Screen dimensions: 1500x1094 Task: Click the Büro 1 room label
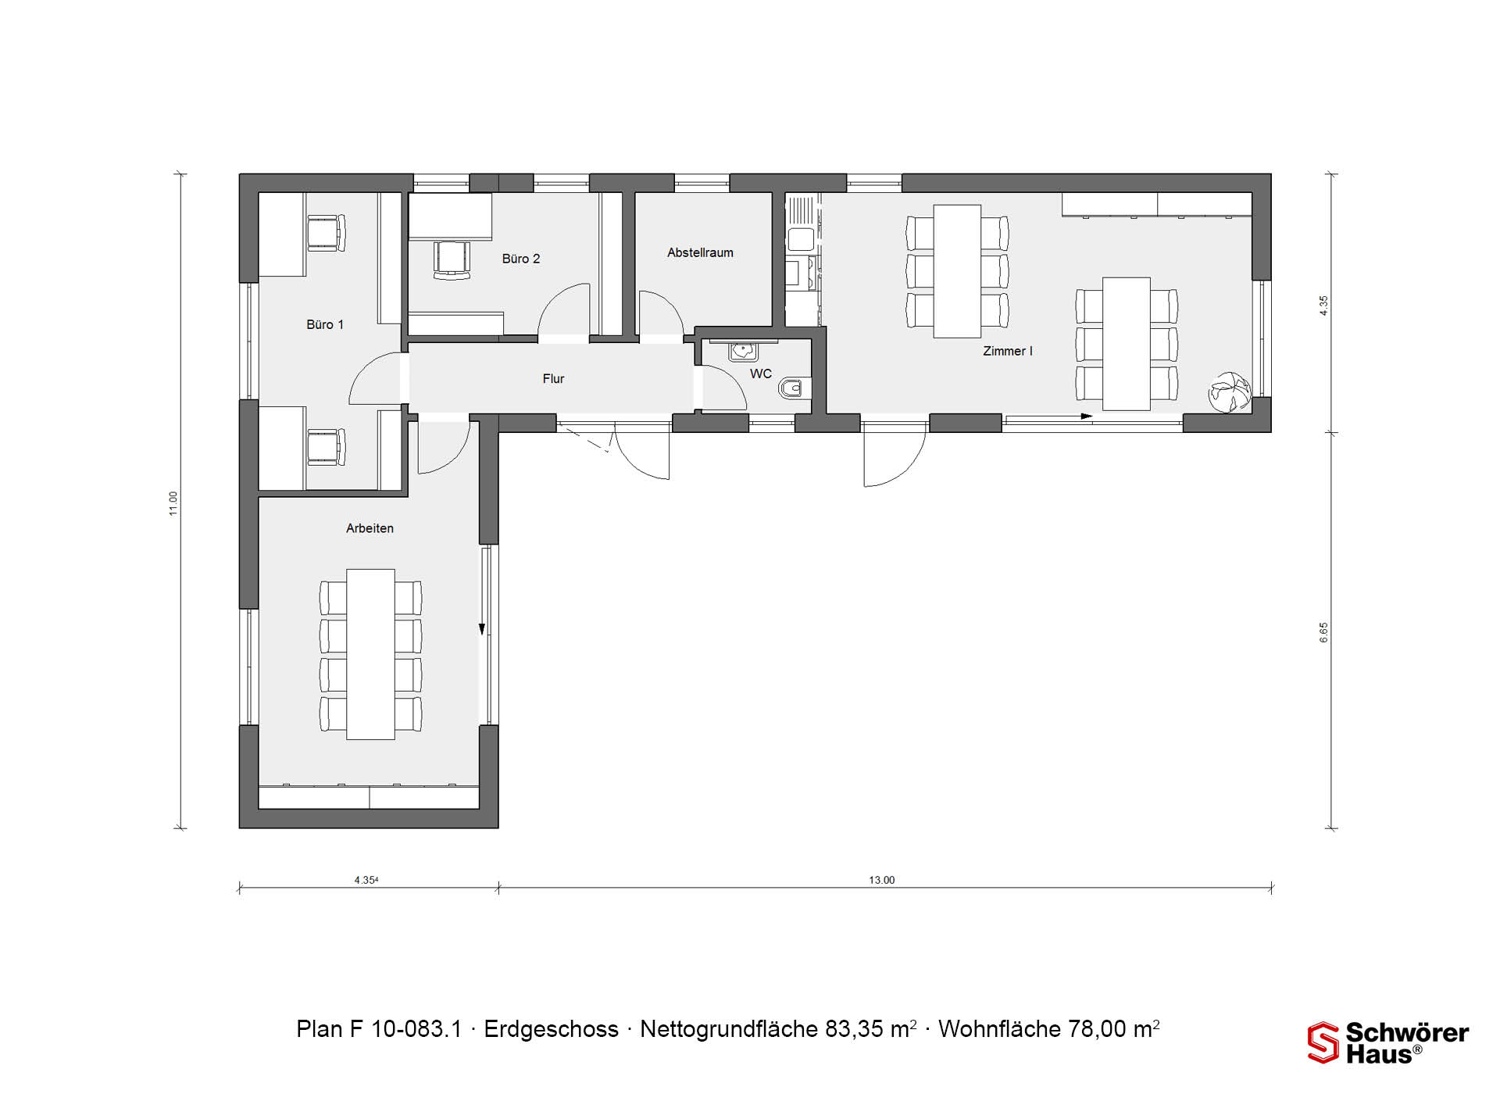[x=325, y=324]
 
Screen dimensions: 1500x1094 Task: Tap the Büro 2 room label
[x=521, y=259]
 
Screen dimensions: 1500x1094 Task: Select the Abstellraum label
[x=700, y=252]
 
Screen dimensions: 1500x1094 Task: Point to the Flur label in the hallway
[x=553, y=378]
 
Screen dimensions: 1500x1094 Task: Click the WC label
[x=761, y=374]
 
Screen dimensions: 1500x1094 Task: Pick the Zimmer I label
[x=1008, y=351]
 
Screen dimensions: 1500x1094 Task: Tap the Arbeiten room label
[x=370, y=528]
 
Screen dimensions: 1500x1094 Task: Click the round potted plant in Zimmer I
[x=1230, y=391]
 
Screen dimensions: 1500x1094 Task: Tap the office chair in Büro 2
[x=452, y=259]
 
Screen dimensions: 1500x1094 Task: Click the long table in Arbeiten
[x=371, y=654]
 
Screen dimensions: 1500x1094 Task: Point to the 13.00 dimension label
[x=882, y=880]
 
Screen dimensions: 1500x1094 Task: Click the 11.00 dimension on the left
[x=173, y=503]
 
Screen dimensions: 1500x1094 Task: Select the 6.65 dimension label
[x=1323, y=632]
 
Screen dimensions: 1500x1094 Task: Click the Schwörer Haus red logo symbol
[x=1323, y=1042]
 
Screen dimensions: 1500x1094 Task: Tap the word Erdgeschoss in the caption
[x=552, y=1029]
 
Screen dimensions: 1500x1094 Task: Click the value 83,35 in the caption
[x=856, y=1029]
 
